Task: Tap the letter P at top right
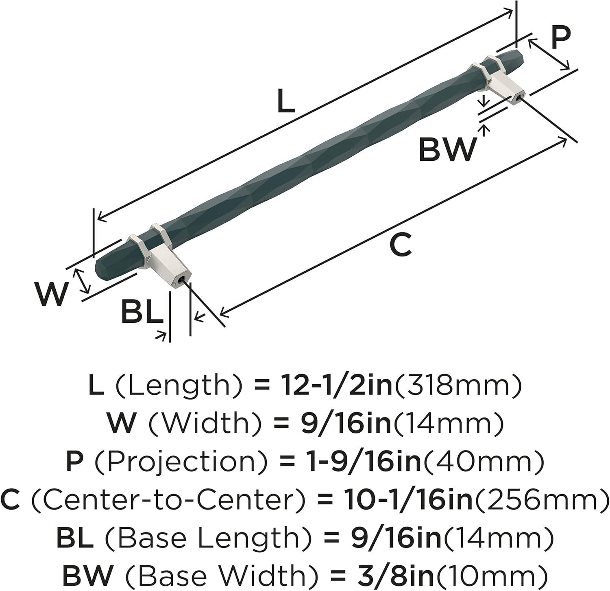560,39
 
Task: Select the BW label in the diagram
447,150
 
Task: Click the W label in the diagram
50,294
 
